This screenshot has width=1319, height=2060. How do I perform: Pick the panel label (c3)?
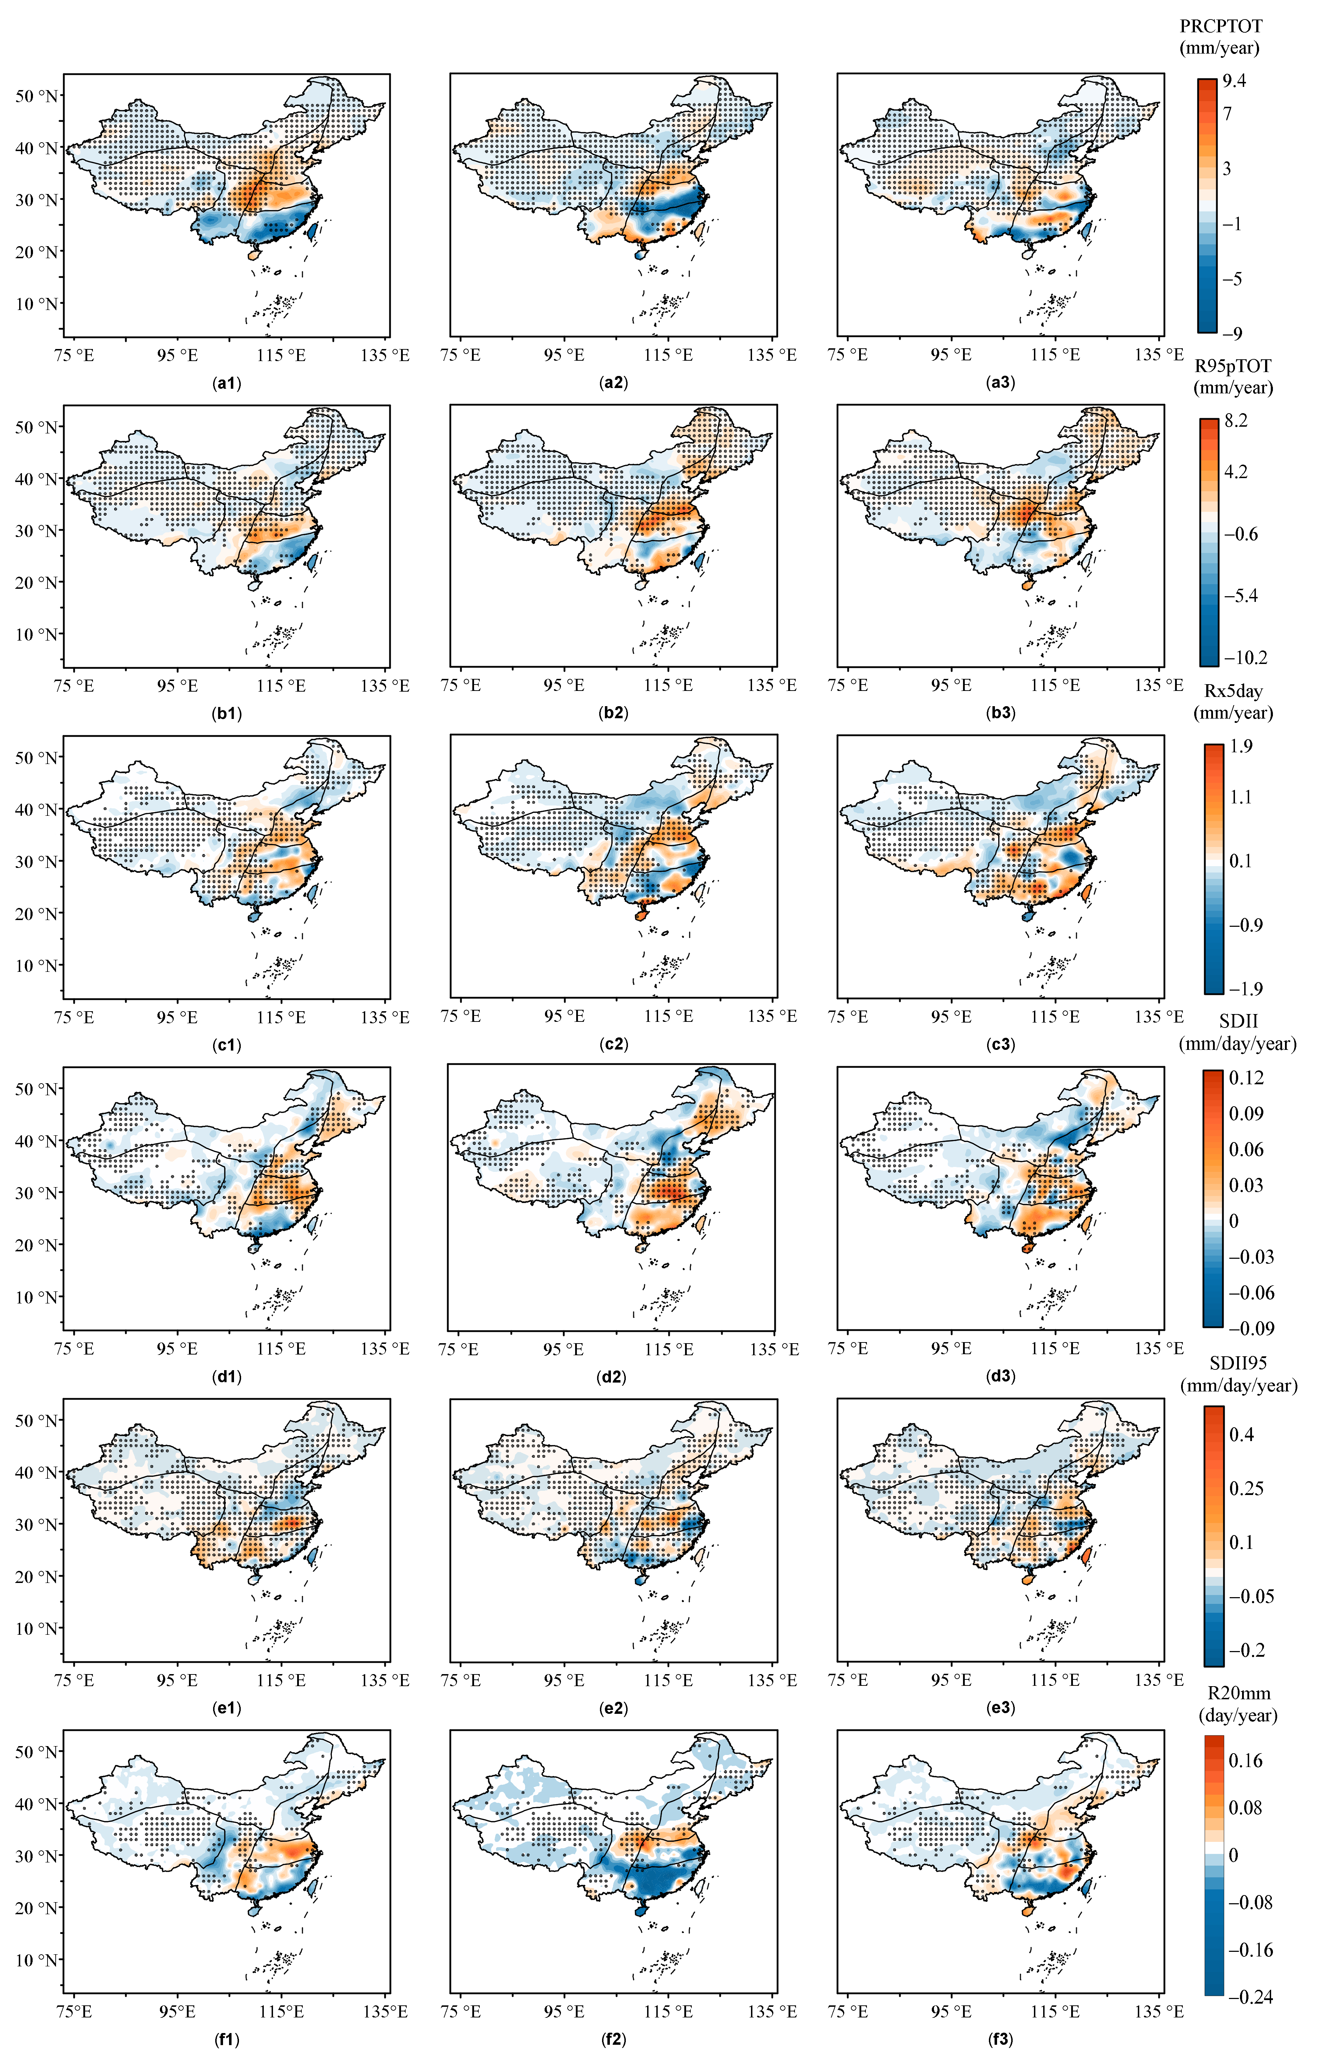tap(1000, 1044)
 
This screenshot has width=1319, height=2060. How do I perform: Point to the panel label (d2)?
tap(613, 1377)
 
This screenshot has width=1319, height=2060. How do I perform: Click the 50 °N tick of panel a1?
tap(37, 96)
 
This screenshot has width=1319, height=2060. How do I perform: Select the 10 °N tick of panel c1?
tap(37, 965)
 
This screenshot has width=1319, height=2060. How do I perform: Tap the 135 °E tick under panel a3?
tap(1159, 355)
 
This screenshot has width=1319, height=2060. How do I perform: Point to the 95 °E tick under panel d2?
tap(564, 1348)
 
